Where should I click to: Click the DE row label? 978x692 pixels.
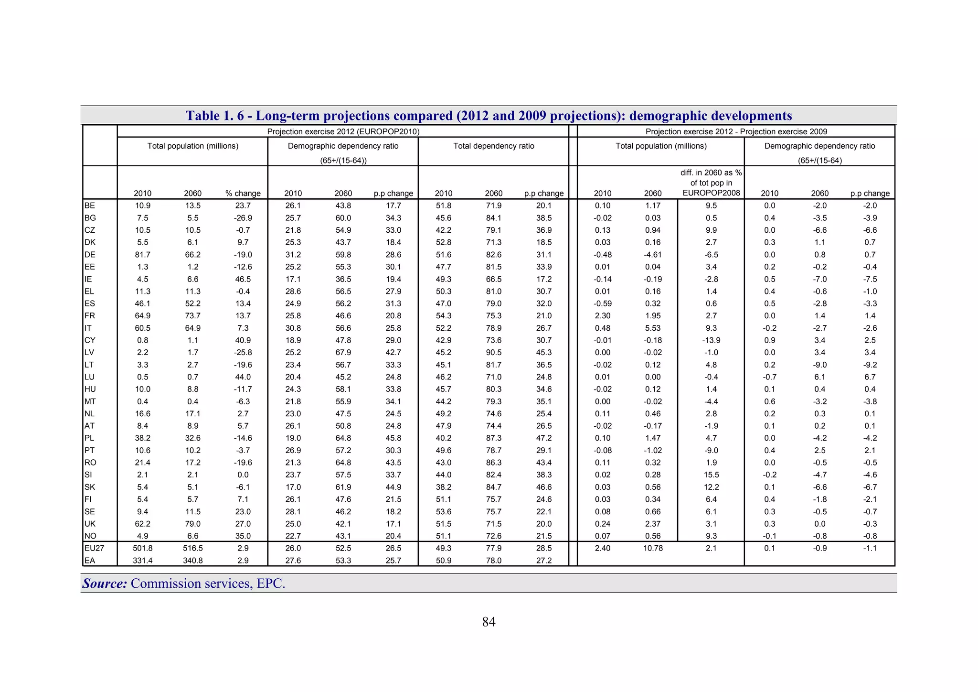point(90,255)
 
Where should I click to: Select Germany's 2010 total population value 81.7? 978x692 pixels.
point(142,255)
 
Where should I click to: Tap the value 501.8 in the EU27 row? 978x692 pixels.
point(142,548)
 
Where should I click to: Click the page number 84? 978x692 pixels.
point(489,622)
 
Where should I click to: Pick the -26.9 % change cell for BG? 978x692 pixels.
point(243,218)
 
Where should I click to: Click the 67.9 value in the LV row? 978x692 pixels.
point(343,353)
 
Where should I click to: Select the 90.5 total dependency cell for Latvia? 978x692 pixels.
point(493,353)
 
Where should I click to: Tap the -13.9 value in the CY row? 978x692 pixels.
point(711,340)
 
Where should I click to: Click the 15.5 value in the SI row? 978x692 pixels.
point(711,475)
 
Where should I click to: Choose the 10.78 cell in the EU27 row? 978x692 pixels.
point(653,548)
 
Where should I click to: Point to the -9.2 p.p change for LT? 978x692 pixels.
point(870,365)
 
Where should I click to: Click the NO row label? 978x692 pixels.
point(90,536)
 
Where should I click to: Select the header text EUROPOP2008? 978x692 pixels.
point(711,193)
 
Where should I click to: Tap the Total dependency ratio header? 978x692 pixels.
point(493,146)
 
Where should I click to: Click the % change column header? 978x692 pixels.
point(243,194)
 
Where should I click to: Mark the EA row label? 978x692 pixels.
point(89,561)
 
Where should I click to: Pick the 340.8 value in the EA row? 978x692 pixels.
point(192,561)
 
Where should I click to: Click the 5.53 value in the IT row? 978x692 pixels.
point(653,328)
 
